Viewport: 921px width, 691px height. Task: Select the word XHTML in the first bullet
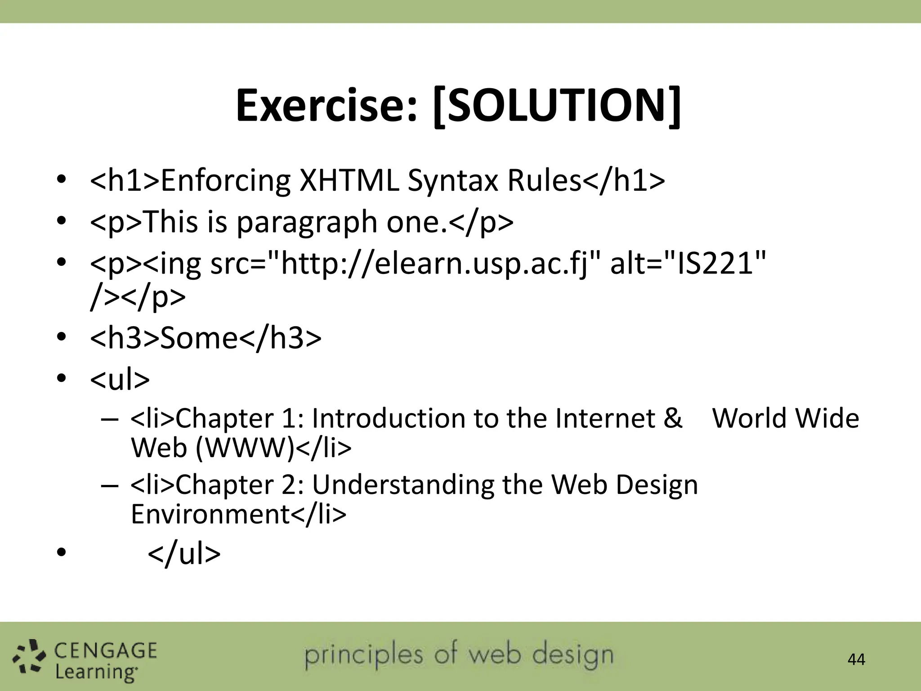pyautogui.click(x=349, y=181)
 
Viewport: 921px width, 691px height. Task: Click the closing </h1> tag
pyautogui.click(x=624, y=181)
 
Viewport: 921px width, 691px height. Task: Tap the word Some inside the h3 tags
pyautogui.click(x=199, y=338)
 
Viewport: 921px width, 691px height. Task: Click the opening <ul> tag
pyautogui.click(x=120, y=379)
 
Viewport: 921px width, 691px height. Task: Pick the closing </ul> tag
pyautogui.click(x=184, y=554)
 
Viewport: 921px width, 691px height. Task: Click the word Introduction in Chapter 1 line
pyautogui.click(x=389, y=418)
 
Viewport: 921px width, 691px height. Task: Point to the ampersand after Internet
pyautogui.click(x=673, y=418)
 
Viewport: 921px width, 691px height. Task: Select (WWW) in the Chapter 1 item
pyautogui.click(x=245, y=448)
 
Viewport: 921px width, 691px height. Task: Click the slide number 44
pyautogui.click(x=856, y=660)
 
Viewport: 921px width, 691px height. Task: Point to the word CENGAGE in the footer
pyautogui.click(x=106, y=651)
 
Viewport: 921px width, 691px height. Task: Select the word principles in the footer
pyautogui.click(x=364, y=655)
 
